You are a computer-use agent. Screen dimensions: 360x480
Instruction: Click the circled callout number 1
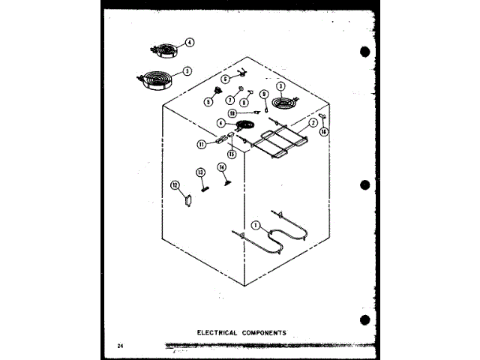coord(255,224)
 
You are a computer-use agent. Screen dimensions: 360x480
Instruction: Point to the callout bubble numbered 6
coord(224,79)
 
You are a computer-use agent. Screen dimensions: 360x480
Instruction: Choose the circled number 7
coord(230,100)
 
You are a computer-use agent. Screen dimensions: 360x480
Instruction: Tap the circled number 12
coord(175,184)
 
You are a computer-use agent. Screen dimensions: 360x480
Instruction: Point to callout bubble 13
coord(200,172)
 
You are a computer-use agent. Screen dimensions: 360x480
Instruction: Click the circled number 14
coord(222,167)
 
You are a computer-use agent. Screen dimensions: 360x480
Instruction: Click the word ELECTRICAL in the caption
coord(217,332)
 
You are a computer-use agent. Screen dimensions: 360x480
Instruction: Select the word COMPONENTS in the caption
coord(263,332)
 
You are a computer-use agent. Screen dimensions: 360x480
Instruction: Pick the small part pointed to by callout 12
coord(188,200)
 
